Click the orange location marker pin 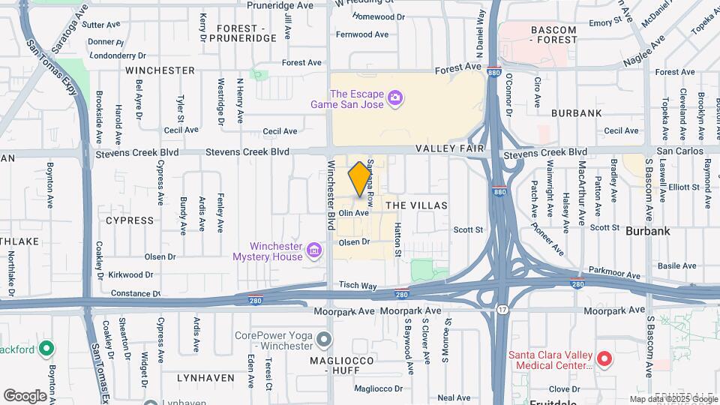pyautogui.click(x=359, y=178)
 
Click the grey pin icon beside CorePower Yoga pyautogui.click(x=324, y=341)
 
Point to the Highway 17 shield pyautogui.click(x=501, y=307)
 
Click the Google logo pyautogui.click(x=25, y=395)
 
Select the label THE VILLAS pyautogui.click(x=416, y=205)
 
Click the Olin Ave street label pyautogui.click(x=353, y=213)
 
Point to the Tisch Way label pyautogui.click(x=358, y=286)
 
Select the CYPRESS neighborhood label pyautogui.click(x=130, y=220)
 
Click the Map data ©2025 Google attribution pyautogui.click(x=673, y=399)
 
